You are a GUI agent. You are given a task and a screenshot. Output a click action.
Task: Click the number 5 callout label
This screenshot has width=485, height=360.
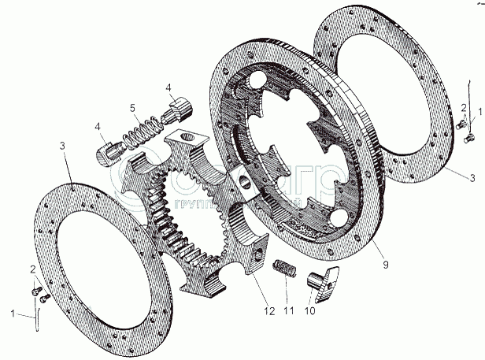point(133,108)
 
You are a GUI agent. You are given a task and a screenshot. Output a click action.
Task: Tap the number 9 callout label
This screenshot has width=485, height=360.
point(384,264)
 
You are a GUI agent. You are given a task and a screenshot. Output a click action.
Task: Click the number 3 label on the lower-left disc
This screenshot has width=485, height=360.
point(61,145)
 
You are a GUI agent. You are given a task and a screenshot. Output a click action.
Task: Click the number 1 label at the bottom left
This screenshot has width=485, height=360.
point(12,313)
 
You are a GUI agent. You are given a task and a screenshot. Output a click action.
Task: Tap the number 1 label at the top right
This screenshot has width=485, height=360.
point(480,112)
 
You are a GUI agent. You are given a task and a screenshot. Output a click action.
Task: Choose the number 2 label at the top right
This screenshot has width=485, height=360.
point(465,107)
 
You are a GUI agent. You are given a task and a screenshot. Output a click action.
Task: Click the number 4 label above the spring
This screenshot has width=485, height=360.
point(168,87)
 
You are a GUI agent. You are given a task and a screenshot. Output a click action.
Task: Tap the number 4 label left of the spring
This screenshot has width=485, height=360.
point(97,126)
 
